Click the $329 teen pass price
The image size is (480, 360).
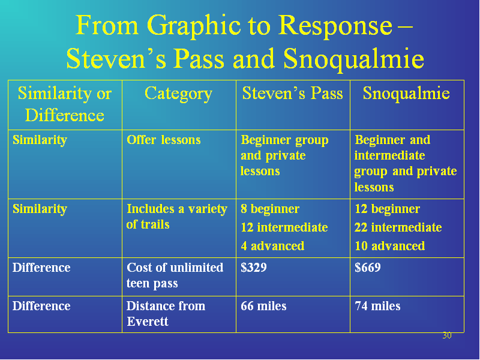[253, 268]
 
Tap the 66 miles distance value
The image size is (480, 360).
[263, 306]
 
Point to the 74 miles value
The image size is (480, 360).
[377, 306]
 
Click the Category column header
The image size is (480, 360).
[178, 94]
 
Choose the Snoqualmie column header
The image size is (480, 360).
[406, 94]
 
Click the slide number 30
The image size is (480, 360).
[447, 335]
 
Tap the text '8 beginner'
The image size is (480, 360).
[269, 209]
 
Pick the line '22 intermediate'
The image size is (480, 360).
[398, 227]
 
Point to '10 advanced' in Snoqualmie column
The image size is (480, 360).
[389, 246]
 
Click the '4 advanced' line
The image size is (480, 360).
[272, 246]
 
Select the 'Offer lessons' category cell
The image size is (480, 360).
[163, 140]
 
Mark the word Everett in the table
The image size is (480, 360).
[148, 322]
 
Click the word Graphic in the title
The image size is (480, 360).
[193, 26]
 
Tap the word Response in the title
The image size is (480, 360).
[335, 26]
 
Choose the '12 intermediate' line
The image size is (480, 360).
[284, 227]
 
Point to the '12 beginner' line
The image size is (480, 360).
[387, 209]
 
